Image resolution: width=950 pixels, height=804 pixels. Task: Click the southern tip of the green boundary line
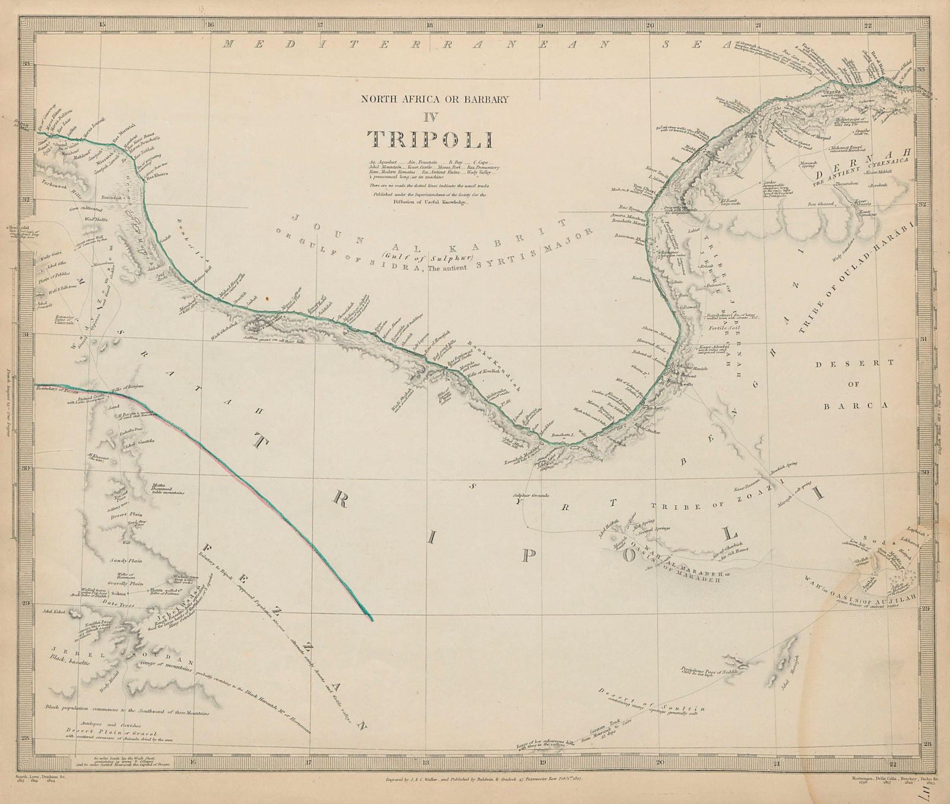[x=372, y=620]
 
